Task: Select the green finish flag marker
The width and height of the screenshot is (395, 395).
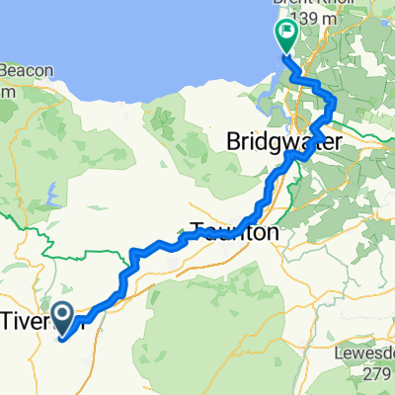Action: pos(285,37)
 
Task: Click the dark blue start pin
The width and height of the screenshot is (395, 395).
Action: pos(61,319)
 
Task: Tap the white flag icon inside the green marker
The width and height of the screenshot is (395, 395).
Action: pos(285,33)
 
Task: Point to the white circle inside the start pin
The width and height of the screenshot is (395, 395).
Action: pos(61,315)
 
